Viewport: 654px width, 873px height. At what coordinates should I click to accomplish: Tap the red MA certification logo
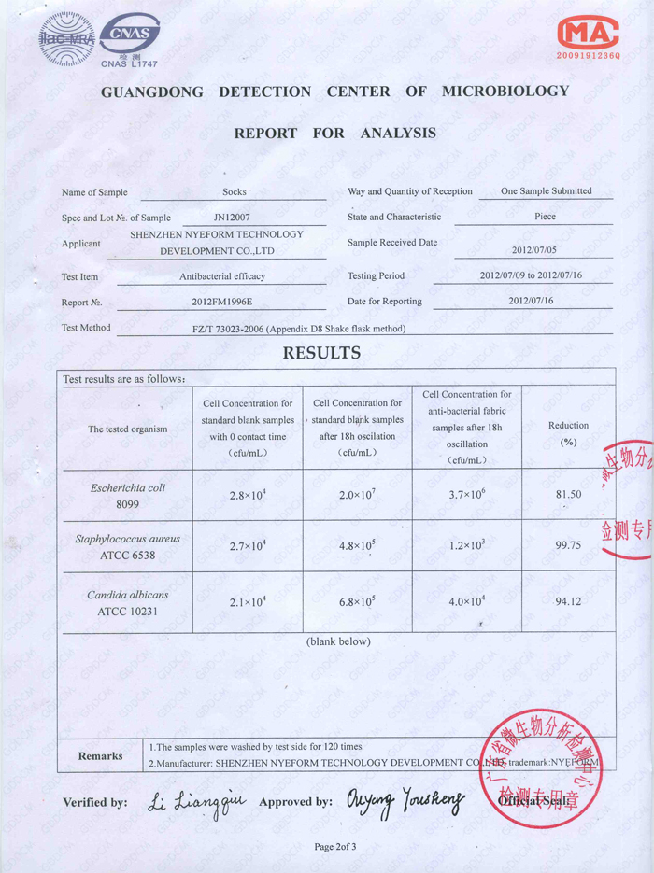click(589, 35)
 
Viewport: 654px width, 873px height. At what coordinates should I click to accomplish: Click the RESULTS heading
click(321, 353)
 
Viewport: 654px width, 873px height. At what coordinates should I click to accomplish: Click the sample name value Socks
click(235, 192)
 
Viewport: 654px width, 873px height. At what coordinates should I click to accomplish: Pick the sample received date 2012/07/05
click(533, 250)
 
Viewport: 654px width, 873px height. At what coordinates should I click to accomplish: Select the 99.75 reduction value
click(569, 546)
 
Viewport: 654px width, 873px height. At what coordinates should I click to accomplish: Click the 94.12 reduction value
click(569, 601)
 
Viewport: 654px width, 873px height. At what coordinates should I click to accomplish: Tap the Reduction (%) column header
click(568, 433)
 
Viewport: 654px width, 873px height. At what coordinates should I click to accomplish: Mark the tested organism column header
click(127, 429)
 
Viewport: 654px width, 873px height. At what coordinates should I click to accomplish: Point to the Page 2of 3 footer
click(335, 846)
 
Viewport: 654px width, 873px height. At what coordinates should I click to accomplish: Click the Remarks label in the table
click(100, 755)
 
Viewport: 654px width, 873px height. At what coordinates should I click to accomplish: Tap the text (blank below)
click(338, 641)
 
